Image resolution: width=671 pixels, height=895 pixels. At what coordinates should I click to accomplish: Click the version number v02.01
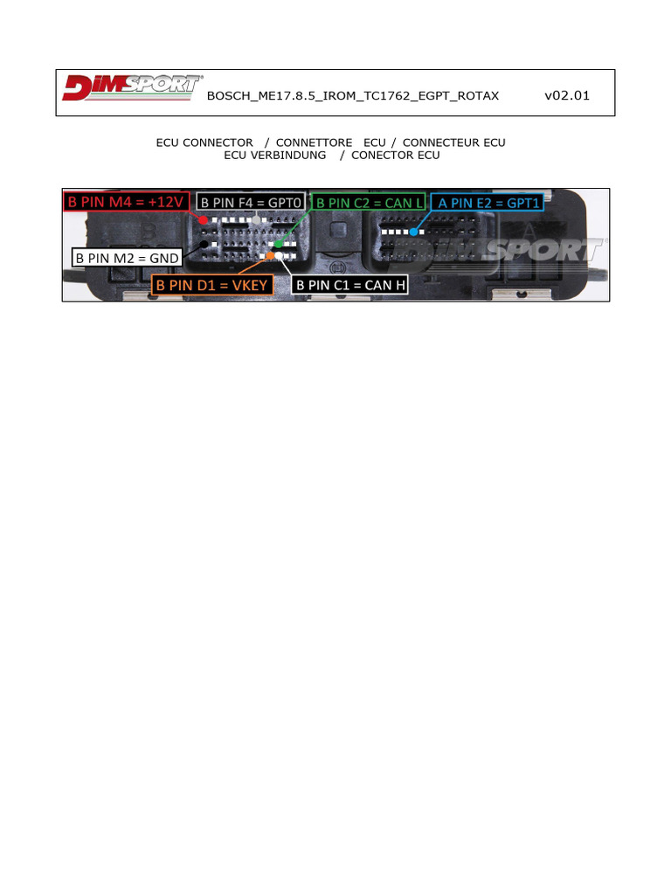pyautogui.click(x=566, y=95)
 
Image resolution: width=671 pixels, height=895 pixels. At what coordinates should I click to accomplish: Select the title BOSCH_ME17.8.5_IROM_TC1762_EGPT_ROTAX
pyautogui.click(x=353, y=96)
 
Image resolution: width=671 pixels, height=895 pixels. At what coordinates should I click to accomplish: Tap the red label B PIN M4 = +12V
pyautogui.click(x=127, y=202)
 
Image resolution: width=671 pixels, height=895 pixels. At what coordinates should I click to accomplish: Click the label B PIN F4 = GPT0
pyautogui.click(x=251, y=202)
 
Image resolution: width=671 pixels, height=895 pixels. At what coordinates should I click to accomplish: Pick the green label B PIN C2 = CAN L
pyautogui.click(x=368, y=202)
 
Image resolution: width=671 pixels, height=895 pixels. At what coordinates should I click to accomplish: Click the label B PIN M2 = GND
pyautogui.click(x=127, y=258)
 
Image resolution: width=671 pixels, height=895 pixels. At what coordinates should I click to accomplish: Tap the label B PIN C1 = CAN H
pyautogui.click(x=350, y=285)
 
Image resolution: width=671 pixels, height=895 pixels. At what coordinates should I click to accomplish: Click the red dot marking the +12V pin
pyautogui.click(x=204, y=221)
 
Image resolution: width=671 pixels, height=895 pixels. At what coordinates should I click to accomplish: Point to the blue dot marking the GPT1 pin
pyautogui.click(x=413, y=232)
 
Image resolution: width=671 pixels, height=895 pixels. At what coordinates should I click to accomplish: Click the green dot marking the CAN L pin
pyautogui.click(x=278, y=244)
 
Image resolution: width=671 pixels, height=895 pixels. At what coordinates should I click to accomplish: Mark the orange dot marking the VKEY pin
pyautogui.click(x=271, y=256)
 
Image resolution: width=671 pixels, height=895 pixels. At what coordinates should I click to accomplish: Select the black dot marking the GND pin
pyautogui.click(x=204, y=245)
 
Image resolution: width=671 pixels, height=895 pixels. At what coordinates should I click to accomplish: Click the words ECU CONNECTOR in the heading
pyautogui.click(x=204, y=142)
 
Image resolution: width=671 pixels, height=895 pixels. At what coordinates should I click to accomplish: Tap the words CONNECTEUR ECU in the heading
pyautogui.click(x=453, y=142)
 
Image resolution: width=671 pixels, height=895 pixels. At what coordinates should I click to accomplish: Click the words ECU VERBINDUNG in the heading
pyautogui.click(x=274, y=155)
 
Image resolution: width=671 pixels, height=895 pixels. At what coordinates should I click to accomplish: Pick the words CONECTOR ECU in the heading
pyautogui.click(x=395, y=155)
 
